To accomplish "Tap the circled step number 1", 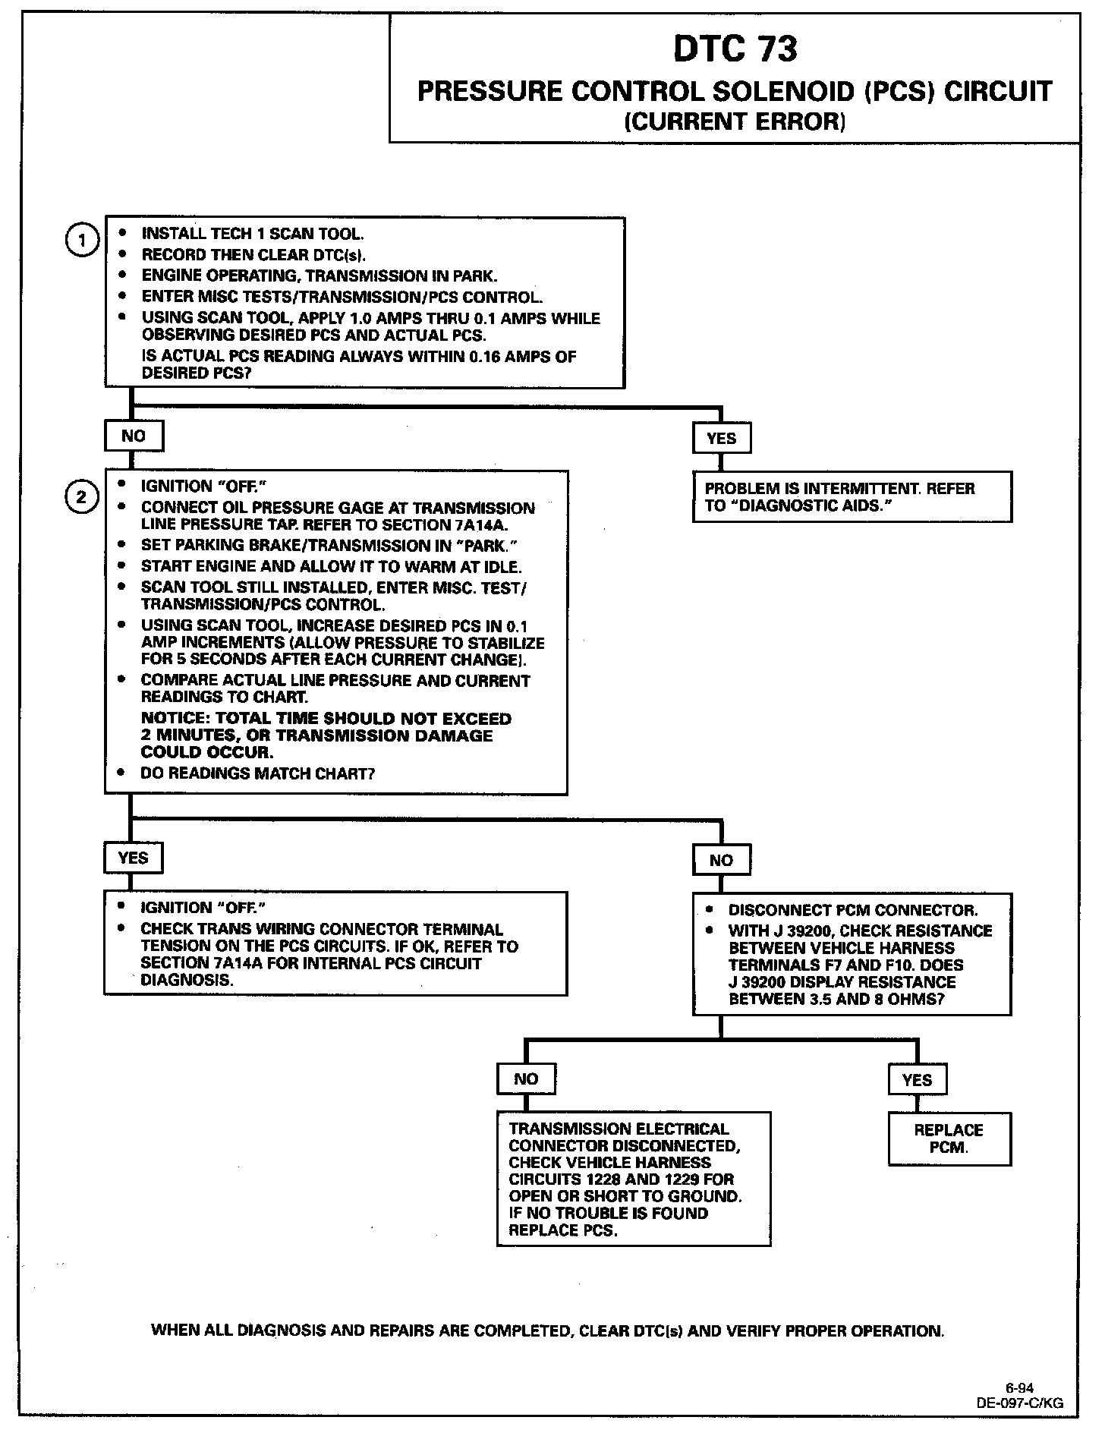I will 82,241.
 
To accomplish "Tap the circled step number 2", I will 82,497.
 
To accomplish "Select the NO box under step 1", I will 134,436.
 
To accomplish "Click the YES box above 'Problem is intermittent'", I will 721,438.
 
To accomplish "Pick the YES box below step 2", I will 133,858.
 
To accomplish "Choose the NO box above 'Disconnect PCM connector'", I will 721,860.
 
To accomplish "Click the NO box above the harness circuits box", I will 526,1079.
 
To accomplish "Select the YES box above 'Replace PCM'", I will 917,1079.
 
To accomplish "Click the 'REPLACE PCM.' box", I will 949,1138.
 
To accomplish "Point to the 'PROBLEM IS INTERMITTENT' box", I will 852,497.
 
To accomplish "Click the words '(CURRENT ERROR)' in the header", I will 735,121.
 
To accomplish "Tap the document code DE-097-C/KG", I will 1019,1403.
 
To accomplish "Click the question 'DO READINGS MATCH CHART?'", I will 257,773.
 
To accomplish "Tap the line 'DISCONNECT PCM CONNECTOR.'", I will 853,910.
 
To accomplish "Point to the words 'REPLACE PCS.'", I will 562,1230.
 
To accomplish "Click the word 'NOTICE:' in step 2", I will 176,718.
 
